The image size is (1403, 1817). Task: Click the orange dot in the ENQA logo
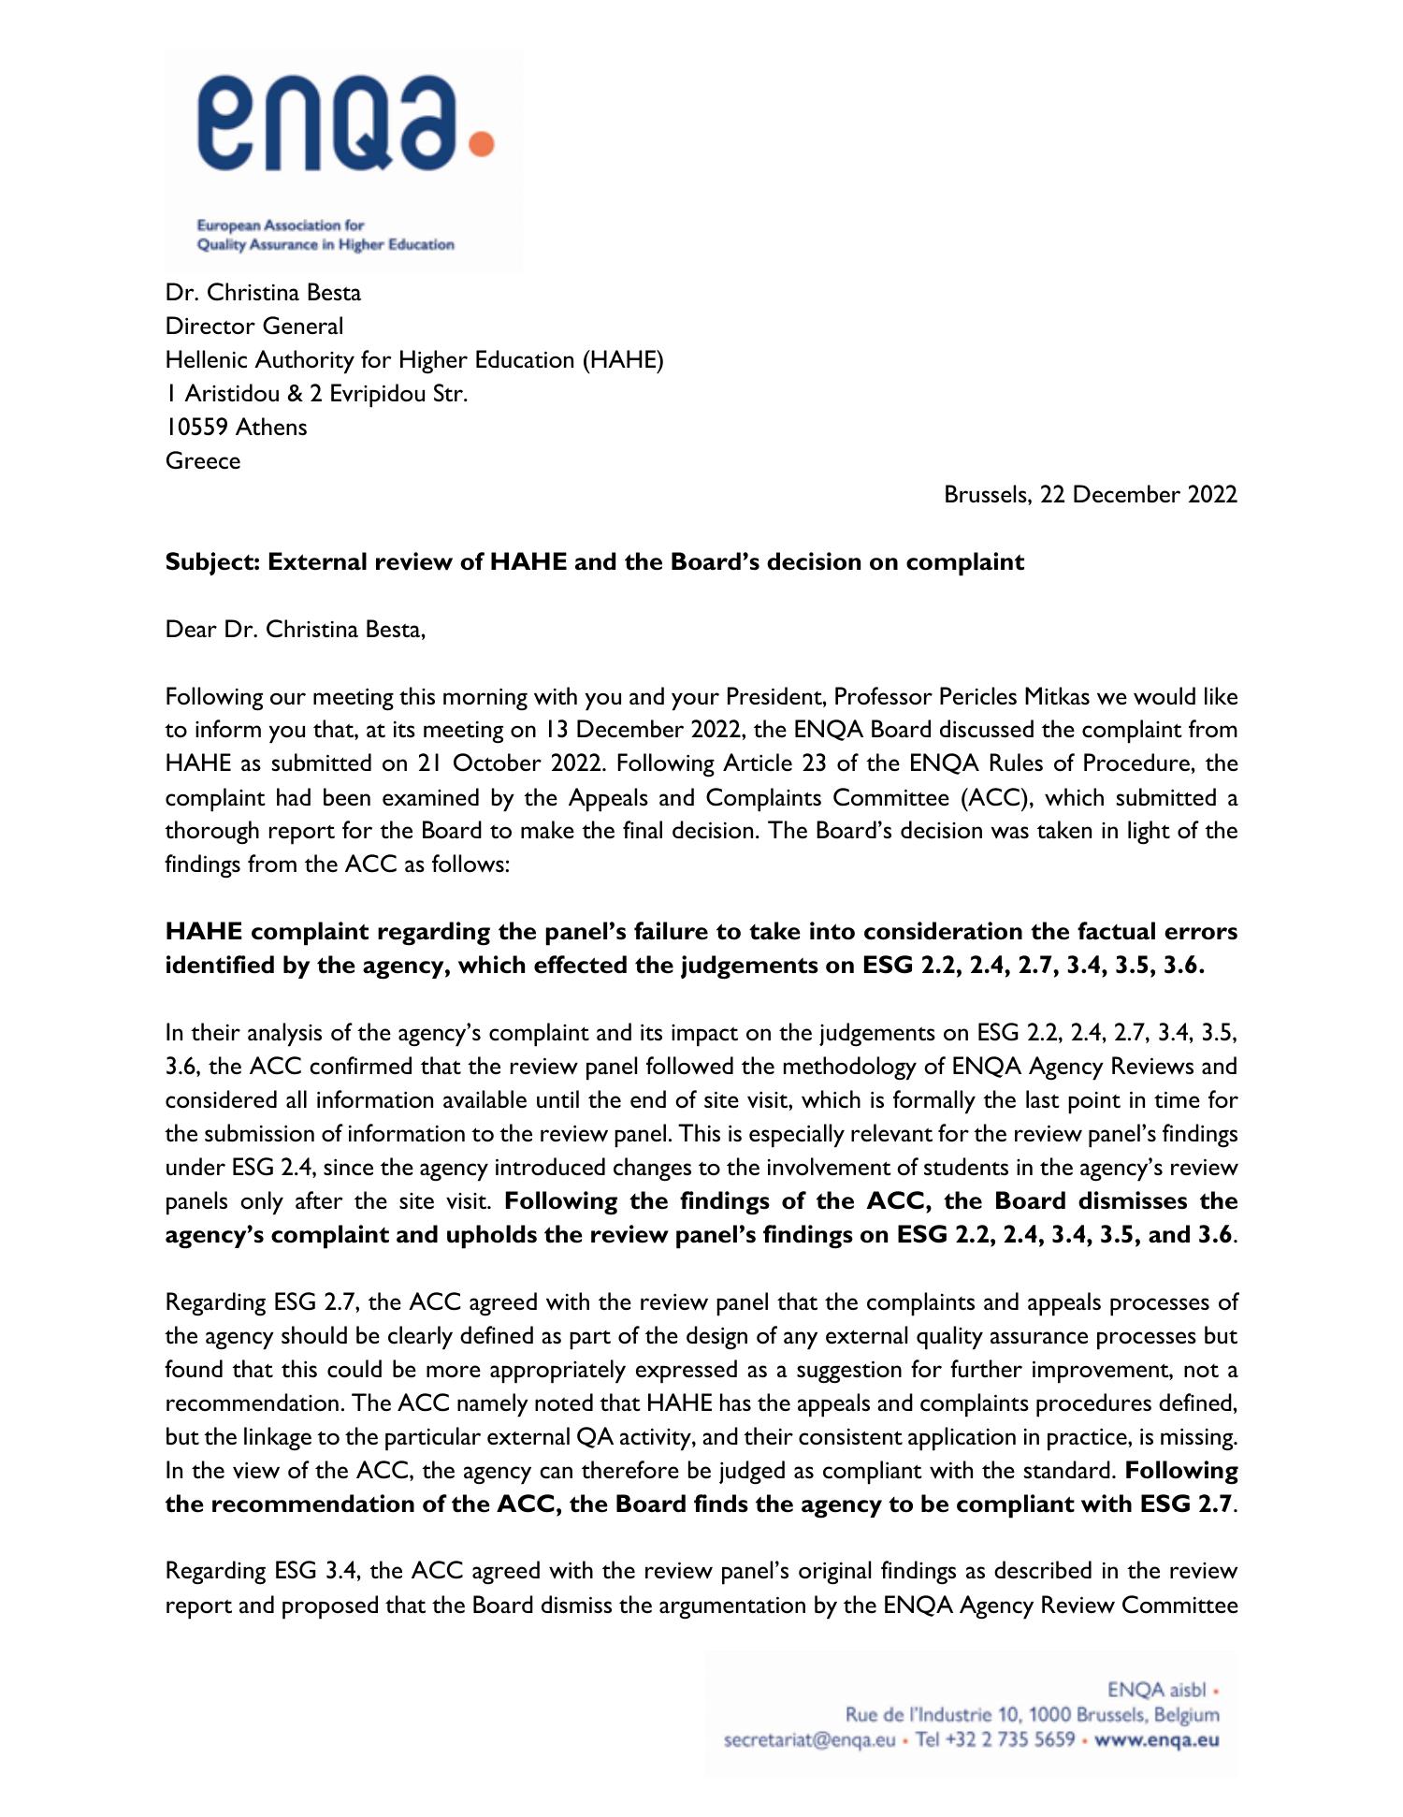click(481, 144)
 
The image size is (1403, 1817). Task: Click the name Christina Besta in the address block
click(283, 293)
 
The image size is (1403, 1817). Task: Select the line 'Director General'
click(254, 327)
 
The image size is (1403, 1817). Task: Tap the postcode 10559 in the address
click(196, 428)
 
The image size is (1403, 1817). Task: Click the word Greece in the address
click(203, 461)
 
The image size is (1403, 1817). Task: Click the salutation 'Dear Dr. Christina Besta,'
click(296, 630)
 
